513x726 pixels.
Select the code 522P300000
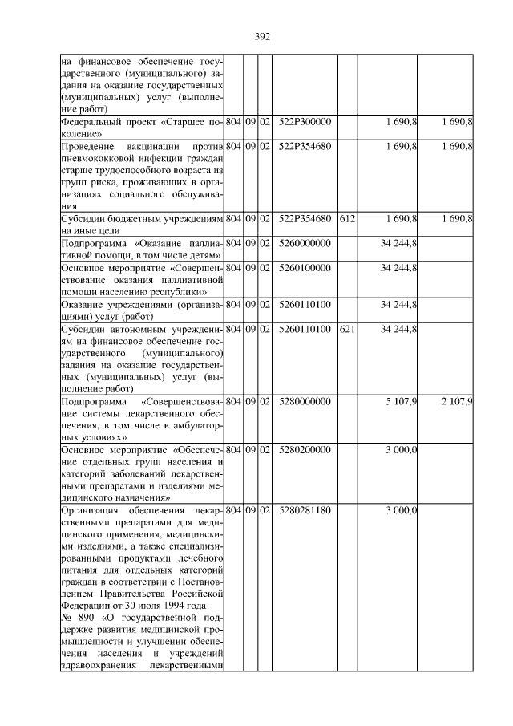pos(305,122)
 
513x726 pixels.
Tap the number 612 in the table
pos(346,218)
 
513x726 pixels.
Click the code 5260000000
pos(305,242)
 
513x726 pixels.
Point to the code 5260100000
pos(305,267)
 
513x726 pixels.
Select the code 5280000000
pos(305,400)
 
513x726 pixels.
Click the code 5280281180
pos(305,510)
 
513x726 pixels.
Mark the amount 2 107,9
pos(457,400)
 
